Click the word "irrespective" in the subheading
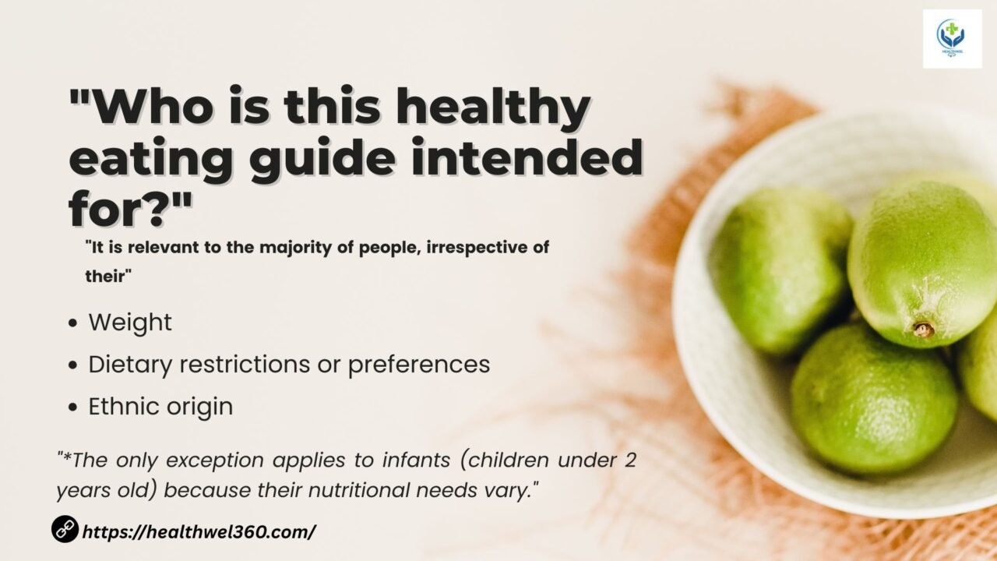point(475,248)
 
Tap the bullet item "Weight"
point(130,323)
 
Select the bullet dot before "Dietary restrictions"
point(73,365)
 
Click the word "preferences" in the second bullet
point(419,365)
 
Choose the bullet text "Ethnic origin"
point(160,407)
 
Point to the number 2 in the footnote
point(630,460)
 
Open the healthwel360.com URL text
point(199,531)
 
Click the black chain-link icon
point(65,529)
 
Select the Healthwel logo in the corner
point(952,39)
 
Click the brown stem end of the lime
point(924,330)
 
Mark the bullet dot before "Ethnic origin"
point(73,408)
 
